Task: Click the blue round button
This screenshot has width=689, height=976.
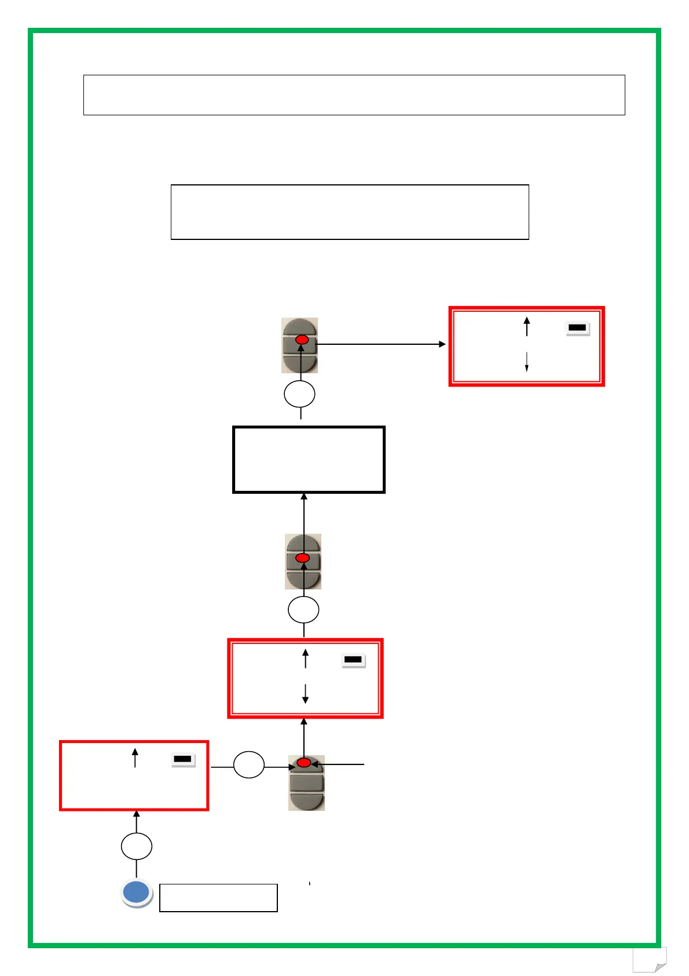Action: (137, 892)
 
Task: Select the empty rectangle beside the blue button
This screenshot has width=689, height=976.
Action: (218, 898)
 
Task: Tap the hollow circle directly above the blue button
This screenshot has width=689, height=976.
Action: (137, 846)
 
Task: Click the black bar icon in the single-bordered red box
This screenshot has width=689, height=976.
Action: (183, 759)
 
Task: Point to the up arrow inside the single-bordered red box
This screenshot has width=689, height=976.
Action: (135, 758)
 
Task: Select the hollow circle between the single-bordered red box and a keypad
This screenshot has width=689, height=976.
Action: (249, 765)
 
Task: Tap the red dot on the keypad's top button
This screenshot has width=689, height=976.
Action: (304, 763)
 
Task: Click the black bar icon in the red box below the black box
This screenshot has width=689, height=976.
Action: (353, 660)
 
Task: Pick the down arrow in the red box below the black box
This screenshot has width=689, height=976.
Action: (305, 693)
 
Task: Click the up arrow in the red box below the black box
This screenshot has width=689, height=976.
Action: (306, 659)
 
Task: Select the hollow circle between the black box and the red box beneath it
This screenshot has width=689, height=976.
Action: (303, 610)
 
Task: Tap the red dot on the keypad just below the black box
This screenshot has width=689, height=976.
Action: (303, 558)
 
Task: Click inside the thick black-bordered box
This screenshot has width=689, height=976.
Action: (309, 460)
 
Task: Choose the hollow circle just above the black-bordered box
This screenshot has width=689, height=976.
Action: (300, 394)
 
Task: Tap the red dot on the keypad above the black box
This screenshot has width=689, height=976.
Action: (302, 340)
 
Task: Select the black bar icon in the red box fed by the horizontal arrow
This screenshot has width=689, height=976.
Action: (577, 328)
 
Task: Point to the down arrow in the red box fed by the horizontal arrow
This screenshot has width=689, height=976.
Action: (527, 362)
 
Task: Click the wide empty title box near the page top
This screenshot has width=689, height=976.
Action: (354, 95)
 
